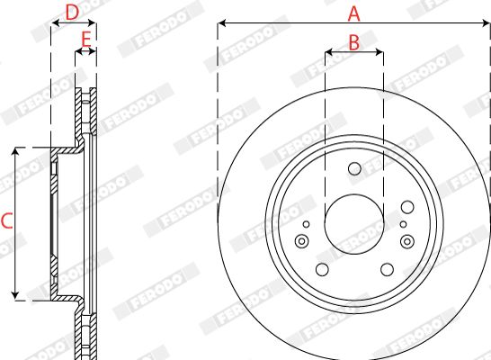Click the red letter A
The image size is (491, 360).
coord(353,13)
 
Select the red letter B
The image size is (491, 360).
coord(354,42)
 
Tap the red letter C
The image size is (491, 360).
coord(6,220)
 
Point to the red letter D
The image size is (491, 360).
coord(72,13)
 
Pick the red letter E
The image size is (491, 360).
coord(85,40)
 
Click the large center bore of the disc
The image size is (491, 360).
coord(354,224)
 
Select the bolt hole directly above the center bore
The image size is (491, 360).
coord(354,169)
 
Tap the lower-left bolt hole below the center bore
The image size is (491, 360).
coord(322,269)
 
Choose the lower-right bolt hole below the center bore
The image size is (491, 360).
coord(387,269)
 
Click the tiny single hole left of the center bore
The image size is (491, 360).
coord(307,224)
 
